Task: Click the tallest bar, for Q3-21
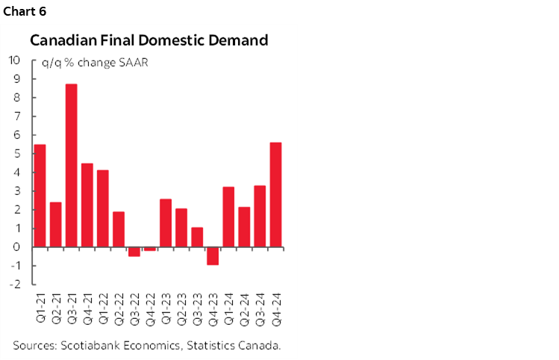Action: tap(72, 165)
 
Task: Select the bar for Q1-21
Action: tap(40, 195)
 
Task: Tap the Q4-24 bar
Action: tap(275, 194)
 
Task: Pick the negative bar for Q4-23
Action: tap(213, 255)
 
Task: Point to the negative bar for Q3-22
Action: tap(134, 252)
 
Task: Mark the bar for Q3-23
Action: tap(197, 237)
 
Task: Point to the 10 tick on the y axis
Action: tap(14, 60)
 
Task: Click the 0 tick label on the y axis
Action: tap(16, 247)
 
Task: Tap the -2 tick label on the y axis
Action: tap(14, 285)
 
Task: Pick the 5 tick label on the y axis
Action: tap(16, 154)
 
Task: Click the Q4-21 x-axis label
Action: tap(87, 306)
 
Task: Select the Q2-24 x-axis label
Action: tap(244, 306)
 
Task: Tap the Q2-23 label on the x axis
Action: tap(181, 306)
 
